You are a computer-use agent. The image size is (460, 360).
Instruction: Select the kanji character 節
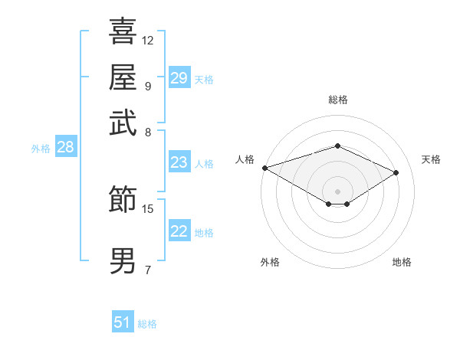coord(123,200)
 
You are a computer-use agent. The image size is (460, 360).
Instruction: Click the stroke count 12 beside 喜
coord(148,40)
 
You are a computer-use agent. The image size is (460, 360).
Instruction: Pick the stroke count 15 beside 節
coord(148,208)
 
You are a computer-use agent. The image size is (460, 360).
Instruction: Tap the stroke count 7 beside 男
coord(147,270)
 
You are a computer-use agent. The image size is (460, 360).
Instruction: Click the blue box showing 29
coord(179,78)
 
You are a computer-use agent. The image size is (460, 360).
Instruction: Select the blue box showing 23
coord(179,162)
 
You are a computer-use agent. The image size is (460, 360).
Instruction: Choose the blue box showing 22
coord(179,231)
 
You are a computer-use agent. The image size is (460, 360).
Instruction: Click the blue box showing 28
coord(66,148)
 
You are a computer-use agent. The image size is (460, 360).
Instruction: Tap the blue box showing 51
coord(123,322)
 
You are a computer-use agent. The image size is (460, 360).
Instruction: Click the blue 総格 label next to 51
coord(147,324)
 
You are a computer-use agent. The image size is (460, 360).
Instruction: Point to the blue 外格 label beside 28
coord(41,149)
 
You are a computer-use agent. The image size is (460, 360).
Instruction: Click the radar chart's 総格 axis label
coord(337,100)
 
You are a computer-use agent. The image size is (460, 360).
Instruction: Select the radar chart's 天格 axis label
coord(431,159)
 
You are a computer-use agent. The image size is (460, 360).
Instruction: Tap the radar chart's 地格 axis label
coord(402,262)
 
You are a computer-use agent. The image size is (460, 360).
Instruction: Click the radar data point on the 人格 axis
coord(264,168)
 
